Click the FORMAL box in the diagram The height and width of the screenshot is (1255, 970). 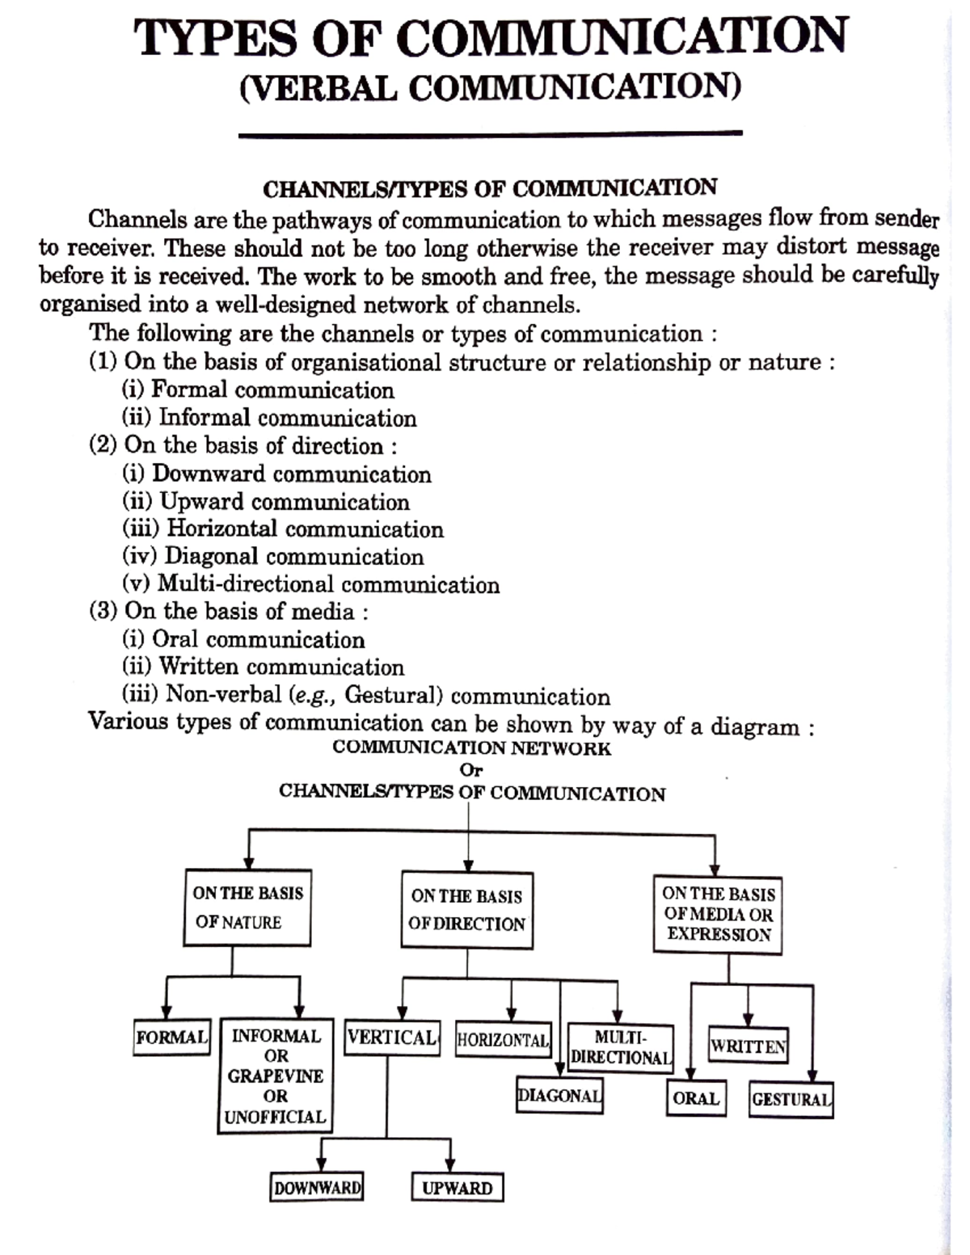pyautogui.click(x=171, y=1038)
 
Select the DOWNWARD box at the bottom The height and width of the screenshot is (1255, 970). pyautogui.click(x=316, y=1188)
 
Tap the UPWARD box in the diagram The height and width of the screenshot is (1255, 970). pyautogui.click(x=457, y=1188)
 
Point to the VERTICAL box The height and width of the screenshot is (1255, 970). pyautogui.click(x=392, y=1038)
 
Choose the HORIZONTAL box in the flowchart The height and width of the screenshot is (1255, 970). pyautogui.click(x=503, y=1040)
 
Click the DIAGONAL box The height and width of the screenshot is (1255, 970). pyautogui.click(x=559, y=1097)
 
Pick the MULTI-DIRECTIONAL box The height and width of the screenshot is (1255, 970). pyautogui.click(x=620, y=1047)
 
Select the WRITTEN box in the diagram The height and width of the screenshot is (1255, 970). pyautogui.click(x=748, y=1047)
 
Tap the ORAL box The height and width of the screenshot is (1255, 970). pyautogui.click(x=696, y=1099)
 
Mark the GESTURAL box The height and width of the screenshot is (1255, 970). pyautogui.click(x=791, y=1100)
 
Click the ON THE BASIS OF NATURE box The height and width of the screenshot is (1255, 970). pyautogui.click(x=247, y=908)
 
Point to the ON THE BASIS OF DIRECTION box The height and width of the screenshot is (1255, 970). pyautogui.click(x=466, y=910)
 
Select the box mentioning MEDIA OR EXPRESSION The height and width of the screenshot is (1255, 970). pyautogui.click(x=718, y=915)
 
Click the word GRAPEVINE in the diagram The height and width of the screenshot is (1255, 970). pyautogui.click(x=275, y=1076)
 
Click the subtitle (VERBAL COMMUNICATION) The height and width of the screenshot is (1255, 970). pyautogui.click(x=490, y=87)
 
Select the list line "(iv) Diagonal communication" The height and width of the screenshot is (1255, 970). pyautogui.click(x=273, y=557)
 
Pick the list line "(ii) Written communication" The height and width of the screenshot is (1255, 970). pyautogui.click(x=263, y=668)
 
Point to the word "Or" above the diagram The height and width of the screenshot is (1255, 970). pyautogui.click(x=470, y=770)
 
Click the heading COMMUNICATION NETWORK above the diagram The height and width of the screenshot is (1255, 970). pyautogui.click(x=471, y=748)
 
